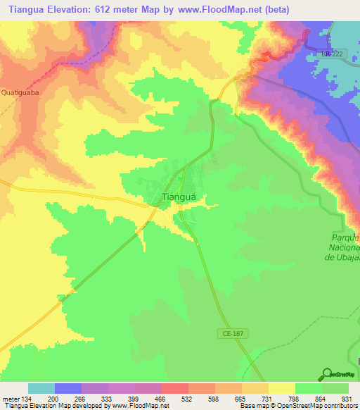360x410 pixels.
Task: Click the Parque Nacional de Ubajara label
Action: [342, 248]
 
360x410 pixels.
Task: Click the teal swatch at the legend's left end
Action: [41, 388]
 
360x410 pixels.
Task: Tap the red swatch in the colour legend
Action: [174, 388]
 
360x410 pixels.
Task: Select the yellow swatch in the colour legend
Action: [281, 388]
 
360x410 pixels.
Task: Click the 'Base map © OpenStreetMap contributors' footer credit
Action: [298, 406]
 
